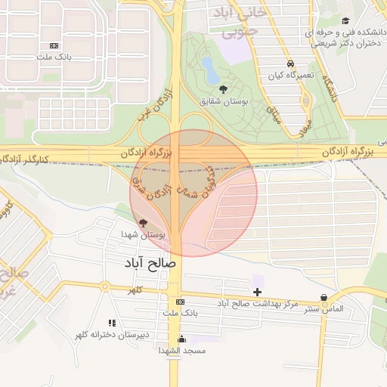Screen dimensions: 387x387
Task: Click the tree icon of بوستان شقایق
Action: (221, 88)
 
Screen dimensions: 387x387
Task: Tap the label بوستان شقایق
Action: (222, 100)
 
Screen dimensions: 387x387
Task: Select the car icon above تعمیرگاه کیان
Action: (290, 63)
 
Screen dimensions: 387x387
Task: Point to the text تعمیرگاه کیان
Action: (289, 76)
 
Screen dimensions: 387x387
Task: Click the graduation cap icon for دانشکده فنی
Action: (345, 20)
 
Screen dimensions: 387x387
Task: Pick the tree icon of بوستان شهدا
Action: (144, 222)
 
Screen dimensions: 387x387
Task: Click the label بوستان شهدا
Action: (143, 234)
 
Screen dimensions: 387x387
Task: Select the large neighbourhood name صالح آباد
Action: (150, 264)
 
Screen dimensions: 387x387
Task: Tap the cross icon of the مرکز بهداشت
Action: (257, 292)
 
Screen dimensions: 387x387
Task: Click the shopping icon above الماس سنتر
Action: (324, 297)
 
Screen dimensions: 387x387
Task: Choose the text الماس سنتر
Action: (324, 309)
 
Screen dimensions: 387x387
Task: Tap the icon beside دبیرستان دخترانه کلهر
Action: (112, 323)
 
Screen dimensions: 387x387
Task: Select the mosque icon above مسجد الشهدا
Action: (181, 339)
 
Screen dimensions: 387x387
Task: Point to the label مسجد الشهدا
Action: (181, 351)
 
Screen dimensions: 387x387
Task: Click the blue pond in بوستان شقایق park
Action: (211, 76)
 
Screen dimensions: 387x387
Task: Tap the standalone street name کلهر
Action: (135, 290)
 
